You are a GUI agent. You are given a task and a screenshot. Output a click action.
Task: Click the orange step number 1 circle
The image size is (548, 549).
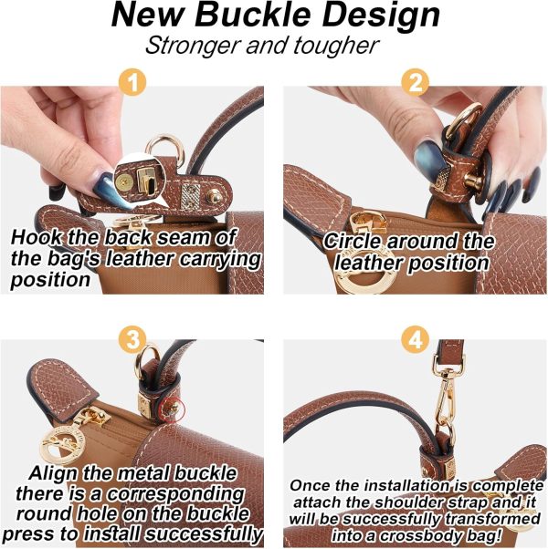(132, 83)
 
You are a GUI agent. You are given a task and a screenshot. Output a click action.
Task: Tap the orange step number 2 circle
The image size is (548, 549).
(415, 83)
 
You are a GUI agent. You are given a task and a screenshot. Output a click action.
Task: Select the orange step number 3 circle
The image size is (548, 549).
(132, 339)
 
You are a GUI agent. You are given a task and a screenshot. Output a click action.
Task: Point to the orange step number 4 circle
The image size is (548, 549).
(415, 339)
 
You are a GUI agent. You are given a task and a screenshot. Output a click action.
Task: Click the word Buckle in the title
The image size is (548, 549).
(253, 16)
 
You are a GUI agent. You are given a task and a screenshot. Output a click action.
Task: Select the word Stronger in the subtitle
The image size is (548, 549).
(194, 47)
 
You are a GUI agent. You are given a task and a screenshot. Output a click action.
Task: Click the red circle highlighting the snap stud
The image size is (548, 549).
(172, 409)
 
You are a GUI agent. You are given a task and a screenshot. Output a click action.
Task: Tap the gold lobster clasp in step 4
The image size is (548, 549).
(446, 399)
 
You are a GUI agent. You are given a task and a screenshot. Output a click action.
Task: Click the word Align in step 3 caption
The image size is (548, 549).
(55, 474)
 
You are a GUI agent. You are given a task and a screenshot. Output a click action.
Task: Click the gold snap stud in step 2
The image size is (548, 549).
(473, 181)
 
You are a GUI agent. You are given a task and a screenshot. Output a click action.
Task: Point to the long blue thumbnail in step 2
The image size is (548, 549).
(427, 157)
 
